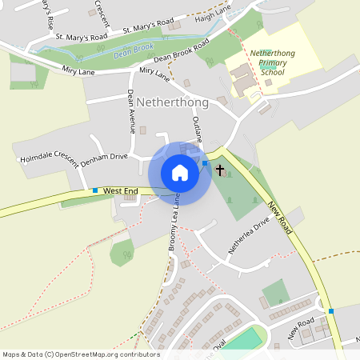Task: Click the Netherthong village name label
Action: [173, 103]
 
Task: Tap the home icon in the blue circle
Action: [180, 173]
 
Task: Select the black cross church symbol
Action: [220, 170]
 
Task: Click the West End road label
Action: [121, 190]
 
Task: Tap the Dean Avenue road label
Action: [131, 110]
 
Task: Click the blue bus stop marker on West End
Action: [95, 190]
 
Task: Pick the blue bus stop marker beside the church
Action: [205, 163]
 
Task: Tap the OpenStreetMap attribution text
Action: [81, 354]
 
